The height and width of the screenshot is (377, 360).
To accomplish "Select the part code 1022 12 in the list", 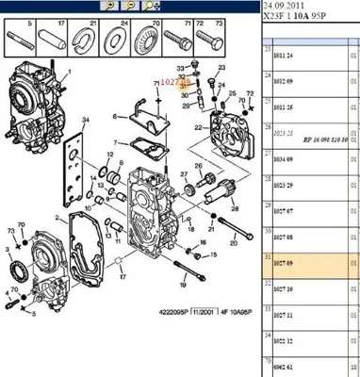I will point(284,346).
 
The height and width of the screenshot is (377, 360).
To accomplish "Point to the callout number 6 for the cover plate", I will point(114,118).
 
